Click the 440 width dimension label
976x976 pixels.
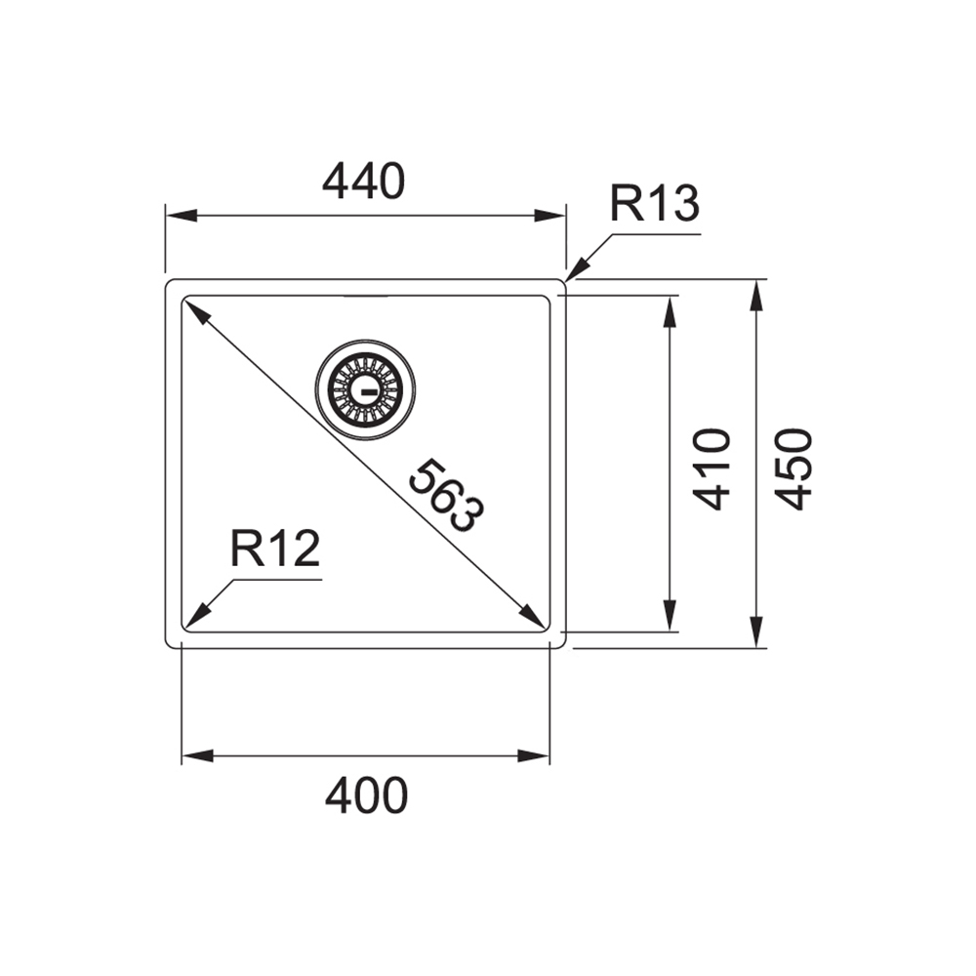[363, 182]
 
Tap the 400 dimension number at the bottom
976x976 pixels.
[366, 795]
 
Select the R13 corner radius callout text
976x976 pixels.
[655, 203]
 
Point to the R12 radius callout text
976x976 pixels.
[275, 549]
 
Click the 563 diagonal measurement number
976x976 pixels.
[446, 496]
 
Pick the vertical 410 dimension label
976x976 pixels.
[712, 469]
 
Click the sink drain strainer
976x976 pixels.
[365, 389]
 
